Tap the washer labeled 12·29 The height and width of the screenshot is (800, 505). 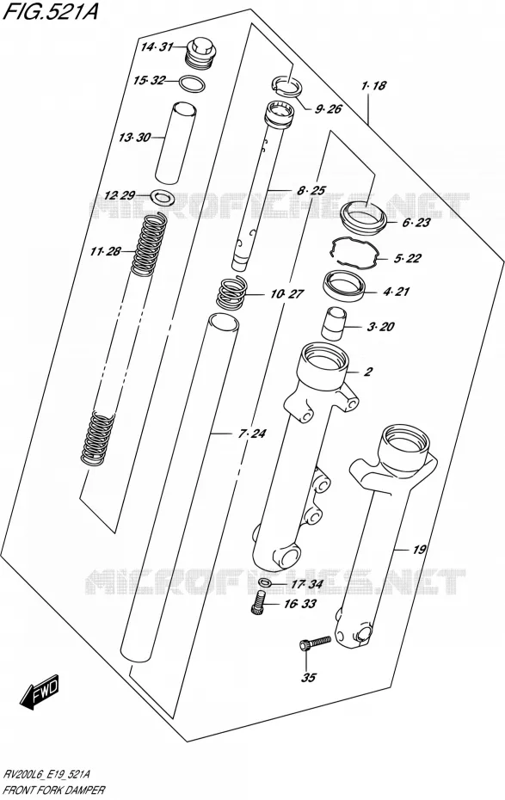pos(163,195)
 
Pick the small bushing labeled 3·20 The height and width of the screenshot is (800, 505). pos(333,323)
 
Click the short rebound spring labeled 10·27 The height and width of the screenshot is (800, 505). pos(232,292)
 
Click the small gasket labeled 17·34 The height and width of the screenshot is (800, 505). pos(265,583)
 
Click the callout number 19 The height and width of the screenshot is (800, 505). pos(419,550)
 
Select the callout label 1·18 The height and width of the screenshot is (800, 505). pos(374,86)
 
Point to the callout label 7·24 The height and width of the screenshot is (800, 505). pos(252,434)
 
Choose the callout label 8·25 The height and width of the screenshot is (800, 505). pos(311,191)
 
